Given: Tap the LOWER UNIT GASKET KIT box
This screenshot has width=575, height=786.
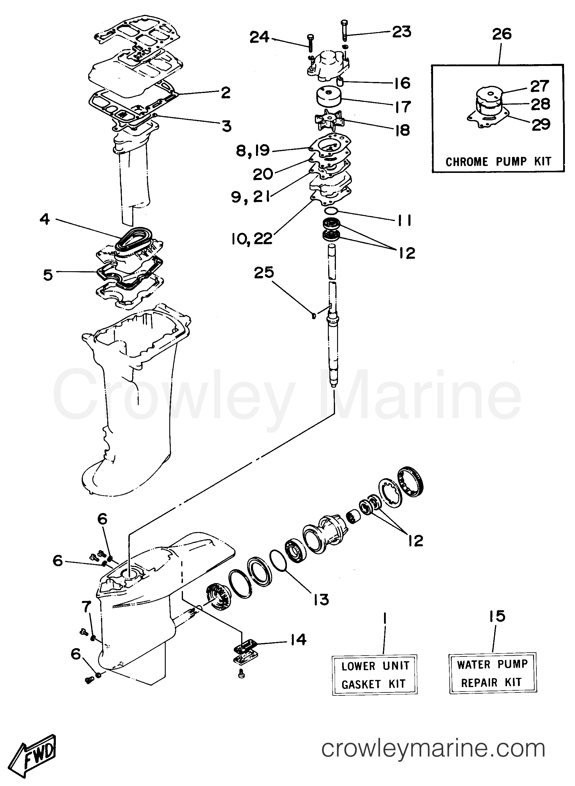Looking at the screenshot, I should tap(374, 675).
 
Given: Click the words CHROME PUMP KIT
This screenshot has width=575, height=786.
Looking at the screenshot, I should tap(498, 162).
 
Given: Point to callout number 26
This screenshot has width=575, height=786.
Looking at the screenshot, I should tap(502, 34).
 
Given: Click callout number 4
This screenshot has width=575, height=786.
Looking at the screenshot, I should tap(45, 220).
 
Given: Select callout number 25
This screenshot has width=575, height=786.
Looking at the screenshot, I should tap(264, 273).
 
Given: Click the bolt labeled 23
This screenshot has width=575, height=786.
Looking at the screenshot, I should tap(345, 29).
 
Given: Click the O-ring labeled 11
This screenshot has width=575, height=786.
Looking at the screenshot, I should tap(330, 211).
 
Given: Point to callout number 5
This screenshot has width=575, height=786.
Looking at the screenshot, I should tap(48, 275).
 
